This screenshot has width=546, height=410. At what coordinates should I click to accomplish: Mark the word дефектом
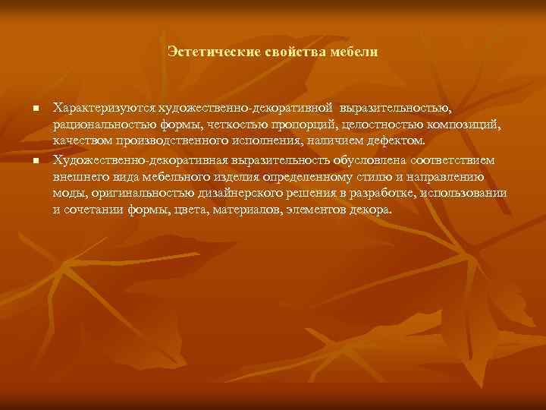(x=399, y=142)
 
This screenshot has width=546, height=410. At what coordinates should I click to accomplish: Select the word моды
(x=66, y=194)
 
